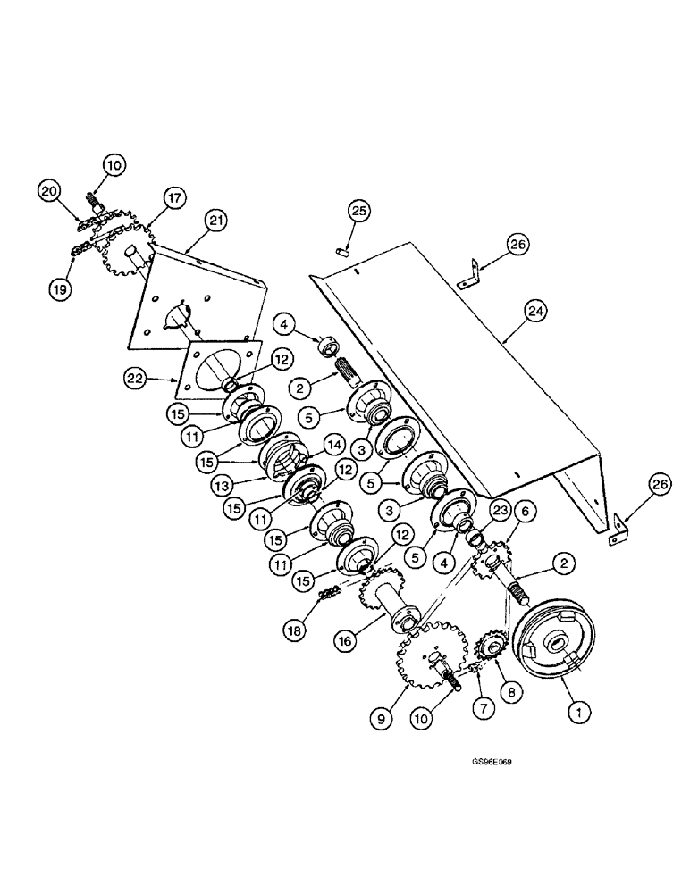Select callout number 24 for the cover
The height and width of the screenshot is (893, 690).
tap(536, 310)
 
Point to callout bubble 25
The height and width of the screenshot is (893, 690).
tap(359, 212)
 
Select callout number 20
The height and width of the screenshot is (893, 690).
tap(49, 190)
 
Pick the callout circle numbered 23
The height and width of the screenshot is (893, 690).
tap(498, 511)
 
